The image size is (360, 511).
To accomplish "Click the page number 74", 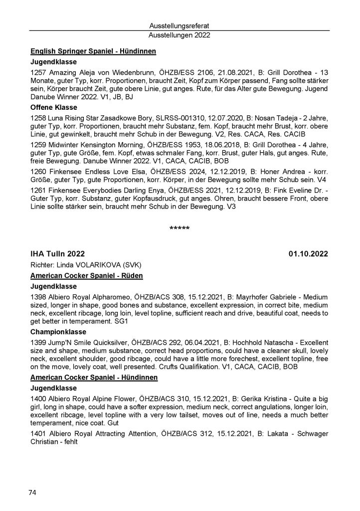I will [x=32, y=493].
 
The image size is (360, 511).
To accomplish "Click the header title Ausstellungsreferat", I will [x=180, y=26].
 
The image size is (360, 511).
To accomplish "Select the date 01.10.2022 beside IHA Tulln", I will [x=308, y=254].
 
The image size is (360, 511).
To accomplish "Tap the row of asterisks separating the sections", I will [x=180, y=229].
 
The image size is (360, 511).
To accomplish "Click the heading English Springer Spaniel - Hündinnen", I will [x=93, y=51].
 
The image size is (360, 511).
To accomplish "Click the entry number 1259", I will [x=38, y=144].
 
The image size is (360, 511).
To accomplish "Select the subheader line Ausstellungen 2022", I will [x=180, y=35].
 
